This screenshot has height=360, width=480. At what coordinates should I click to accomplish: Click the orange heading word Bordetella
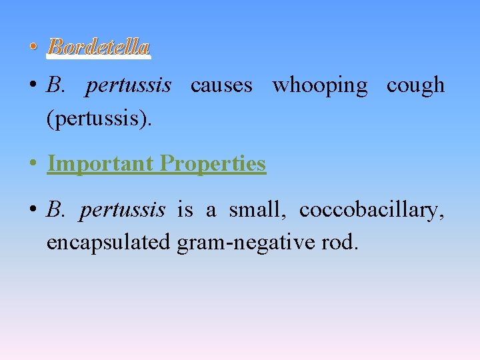coord(99,47)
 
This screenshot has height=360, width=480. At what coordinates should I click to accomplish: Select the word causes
coord(221,85)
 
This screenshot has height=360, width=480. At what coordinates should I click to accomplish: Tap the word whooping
coord(319,85)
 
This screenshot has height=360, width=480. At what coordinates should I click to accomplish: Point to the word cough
coord(415,85)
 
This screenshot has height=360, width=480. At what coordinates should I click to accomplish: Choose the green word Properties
coord(213,163)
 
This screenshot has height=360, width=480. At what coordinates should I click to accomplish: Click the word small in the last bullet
coord(257,210)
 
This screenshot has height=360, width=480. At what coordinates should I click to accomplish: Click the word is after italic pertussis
coord(185,210)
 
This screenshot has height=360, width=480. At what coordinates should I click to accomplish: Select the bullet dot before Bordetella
coord(32,48)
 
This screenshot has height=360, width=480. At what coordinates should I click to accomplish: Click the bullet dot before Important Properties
coord(32,165)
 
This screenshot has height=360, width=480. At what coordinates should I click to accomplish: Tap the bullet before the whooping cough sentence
coord(32,87)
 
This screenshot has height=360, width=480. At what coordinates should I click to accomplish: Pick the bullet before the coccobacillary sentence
coord(32,211)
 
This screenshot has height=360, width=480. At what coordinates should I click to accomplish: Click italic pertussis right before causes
coord(128,85)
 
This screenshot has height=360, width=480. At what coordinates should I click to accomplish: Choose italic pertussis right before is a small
coord(122,210)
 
